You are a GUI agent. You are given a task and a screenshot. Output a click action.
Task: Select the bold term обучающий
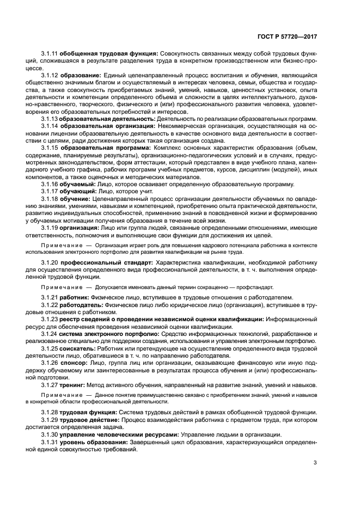(x=78, y=191)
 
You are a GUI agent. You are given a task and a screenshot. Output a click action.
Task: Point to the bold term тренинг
(x=74, y=385)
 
